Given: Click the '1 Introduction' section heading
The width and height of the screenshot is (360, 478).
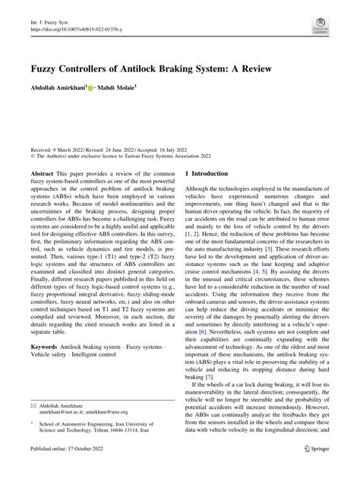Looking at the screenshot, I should [x=207, y=173].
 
